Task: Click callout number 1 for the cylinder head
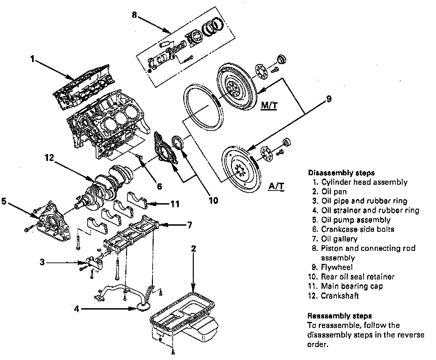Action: [x=32, y=59]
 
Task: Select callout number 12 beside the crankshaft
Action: [x=49, y=157]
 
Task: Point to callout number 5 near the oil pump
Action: [x=4, y=201]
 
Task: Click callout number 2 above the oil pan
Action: [x=193, y=249]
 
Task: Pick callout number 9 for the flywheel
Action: [x=328, y=99]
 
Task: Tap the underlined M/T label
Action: [x=269, y=105]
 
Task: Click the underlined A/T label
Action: [x=276, y=186]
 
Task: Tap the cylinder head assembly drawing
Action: [x=85, y=87]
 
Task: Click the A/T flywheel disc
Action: [x=240, y=167]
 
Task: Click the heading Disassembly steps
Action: [x=341, y=173]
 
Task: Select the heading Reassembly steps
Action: [x=339, y=316]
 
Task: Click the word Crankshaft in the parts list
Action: [x=340, y=296]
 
